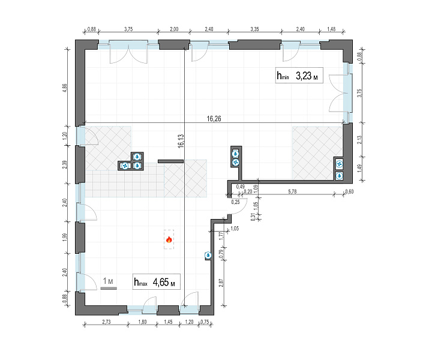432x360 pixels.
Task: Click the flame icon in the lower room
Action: [169, 239]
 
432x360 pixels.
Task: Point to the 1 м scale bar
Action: [109, 288]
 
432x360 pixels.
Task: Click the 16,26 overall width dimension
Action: [214, 119]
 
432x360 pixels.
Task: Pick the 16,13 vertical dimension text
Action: [181, 141]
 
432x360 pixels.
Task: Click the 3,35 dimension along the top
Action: [254, 29]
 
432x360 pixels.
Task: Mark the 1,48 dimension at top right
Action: [331, 29]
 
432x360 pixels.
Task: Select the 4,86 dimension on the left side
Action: [65, 88]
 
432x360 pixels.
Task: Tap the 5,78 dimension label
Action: [292, 191]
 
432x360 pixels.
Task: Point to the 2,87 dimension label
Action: [221, 283]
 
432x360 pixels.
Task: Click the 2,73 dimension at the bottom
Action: [106, 322]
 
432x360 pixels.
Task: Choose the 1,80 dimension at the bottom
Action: [142, 322]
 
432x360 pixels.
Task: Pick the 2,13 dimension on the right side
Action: [359, 140]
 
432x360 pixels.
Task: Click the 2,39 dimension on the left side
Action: [65, 164]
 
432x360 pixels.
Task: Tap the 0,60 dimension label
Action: [349, 191]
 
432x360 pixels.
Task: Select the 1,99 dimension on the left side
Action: [65, 237]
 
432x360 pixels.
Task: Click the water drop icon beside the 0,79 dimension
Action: [208, 256]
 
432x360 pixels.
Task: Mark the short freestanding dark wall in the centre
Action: [170, 161]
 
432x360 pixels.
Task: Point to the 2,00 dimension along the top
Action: [174, 29]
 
